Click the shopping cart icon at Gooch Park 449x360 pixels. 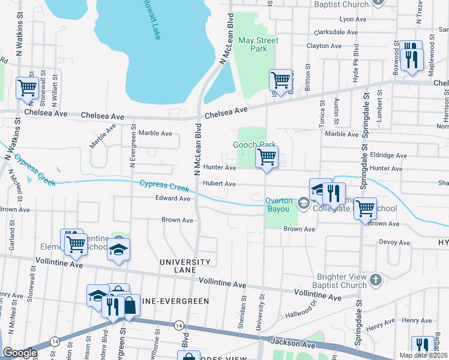coord(266,158)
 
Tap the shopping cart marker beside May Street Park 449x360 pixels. coord(280,79)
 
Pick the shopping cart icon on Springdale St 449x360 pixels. coord(364,209)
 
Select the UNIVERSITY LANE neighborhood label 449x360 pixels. coord(184,266)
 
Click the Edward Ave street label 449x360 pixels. coord(172,198)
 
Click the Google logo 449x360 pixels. coord(20,353)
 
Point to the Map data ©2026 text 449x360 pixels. coord(424,355)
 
